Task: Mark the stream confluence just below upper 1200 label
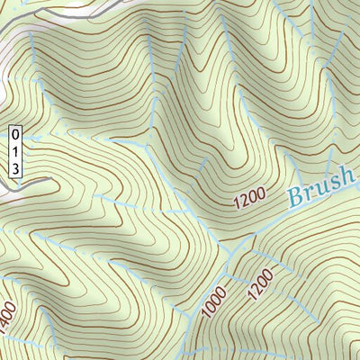click(x=236, y=241)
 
